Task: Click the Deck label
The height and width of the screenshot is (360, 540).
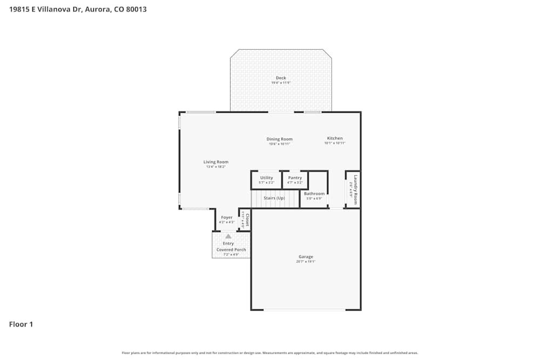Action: [x=281, y=78]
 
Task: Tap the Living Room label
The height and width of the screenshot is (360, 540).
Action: [x=215, y=162]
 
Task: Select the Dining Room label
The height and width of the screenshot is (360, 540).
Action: [x=279, y=139]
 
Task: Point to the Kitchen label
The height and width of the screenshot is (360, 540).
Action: [x=335, y=138]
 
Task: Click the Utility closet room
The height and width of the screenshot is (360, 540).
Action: [x=266, y=180]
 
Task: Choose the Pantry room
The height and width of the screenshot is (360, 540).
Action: [x=295, y=180]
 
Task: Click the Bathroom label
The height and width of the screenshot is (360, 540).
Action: [x=314, y=194]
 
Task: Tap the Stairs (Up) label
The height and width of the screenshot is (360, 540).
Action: [x=274, y=198]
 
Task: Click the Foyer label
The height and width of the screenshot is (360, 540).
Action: [x=226, y=218]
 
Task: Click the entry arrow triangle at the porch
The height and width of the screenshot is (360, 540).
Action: [x=228, y=236]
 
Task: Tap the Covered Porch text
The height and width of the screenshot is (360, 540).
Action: [x=231, y=250]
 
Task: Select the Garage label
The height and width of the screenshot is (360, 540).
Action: [x=306, y=257]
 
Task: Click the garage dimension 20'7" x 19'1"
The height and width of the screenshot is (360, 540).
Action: [x=306, y=262]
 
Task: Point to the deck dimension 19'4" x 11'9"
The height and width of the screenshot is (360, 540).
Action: [x=281, y=83]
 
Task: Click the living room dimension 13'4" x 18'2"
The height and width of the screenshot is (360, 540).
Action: [x=215, y=167]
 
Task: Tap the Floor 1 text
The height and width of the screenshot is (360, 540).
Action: [x=21, y=324]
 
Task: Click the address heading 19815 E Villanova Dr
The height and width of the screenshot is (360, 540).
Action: [x=78, y=9]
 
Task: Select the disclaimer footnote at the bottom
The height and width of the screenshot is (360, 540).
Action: [x=269, y=353]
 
